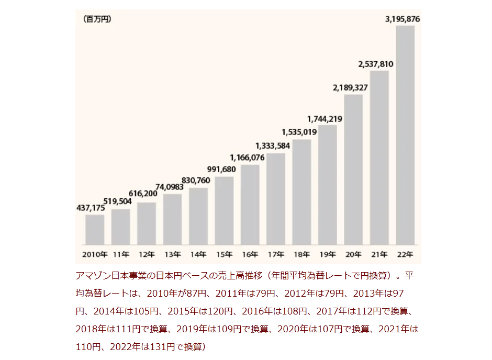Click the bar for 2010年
pyautogui.click(x=95, y=230)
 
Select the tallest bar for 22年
pyautogui.click(x=405, y=135)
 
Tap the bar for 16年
pyautogui.click(x=250, y=205)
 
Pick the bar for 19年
pyautogui.click(x=328, y=185)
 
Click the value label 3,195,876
pyautogui.click(x=402, y=19)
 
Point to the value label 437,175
pyautogui.click(x=91, y=208)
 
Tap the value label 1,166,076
pyautogui.click(x=248, y=157)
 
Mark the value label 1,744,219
pyautogui.click(x=325, y=119)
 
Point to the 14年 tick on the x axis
pyautogui.click(x=198, y=255)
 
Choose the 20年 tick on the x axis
pyautogui.click(x=353, y=255)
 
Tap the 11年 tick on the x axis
pyautogui.click(x=121, y=255)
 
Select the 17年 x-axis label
pyautogui.click(x=276, y=255)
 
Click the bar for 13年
pyautogui.click(x=172, y=220)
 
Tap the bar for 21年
pyautogui.click(x=379, y=157)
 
